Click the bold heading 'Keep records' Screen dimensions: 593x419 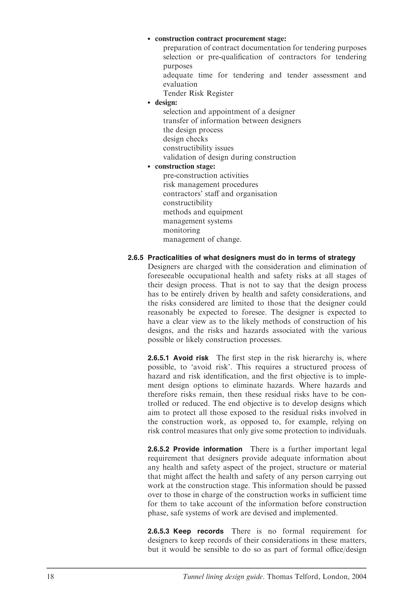[198, 532]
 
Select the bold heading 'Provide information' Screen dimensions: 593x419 [208, 449]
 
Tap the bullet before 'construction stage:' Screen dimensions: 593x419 [149, 167]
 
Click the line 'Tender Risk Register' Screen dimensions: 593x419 [198, 94]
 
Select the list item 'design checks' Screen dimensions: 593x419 [185, 139]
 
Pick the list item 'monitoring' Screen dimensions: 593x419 [181, 230]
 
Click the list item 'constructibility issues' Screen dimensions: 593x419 [198, 148]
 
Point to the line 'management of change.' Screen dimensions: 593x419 [202, 239]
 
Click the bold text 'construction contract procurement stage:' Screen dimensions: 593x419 [221, 39]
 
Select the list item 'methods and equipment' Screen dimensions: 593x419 [203, 212]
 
